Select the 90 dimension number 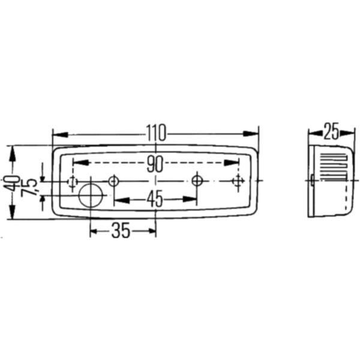pyautogui.click(x=155, y=163)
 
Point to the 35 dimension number pyautogui.click(x=121, y=230)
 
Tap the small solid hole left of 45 pyautogui.click(x=113, y=181)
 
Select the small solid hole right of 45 pyautogui.click(x=197, y=180)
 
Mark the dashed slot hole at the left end pyautogui.click(x=72, y=181)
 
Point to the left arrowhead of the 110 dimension pyautogui.click(x=56, y=133)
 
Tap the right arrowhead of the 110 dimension pyautogui.click(x=254, y=133)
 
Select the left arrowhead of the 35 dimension pyautogui.click(x=94, y=230)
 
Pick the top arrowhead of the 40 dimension pyautogui.click(x=11, y=150)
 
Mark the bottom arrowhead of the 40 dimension pyautogui.click(x=11, y=215)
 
